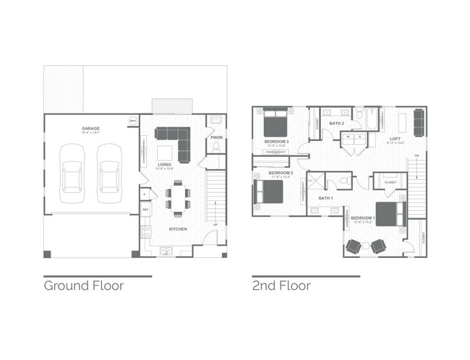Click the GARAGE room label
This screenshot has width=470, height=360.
pyautogui.click(x=90, y=129)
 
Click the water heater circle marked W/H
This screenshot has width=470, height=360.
pyautogui.click(x=133, y=120)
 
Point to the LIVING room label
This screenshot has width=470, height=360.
pyautogui.click(x=164, y=165)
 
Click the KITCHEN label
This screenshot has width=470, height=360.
pyautogui.click(x=178, y=229)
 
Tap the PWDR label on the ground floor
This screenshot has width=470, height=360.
pyautogui.click(x=215, y=137)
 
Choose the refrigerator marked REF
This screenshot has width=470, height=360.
pyautogui.click(x=145, y=210)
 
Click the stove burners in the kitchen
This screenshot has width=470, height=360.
pyautogui.click(x=145, y=231)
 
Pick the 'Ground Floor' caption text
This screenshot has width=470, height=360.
pyautogui.click(x=83, y=286)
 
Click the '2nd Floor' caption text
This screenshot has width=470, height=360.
pyautogui.click(x=281, y=286)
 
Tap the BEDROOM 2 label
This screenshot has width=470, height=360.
pyautogui.click(x=281, y=173)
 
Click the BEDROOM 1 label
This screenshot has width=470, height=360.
pyautogui.click(x=362, y=218)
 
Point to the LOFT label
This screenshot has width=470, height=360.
pyautogui.click(x=395, y=139)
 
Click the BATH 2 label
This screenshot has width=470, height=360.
pyautogui.click(x=336, y=124)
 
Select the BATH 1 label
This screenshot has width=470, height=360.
pyautogui.click(x=325, y=197)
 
